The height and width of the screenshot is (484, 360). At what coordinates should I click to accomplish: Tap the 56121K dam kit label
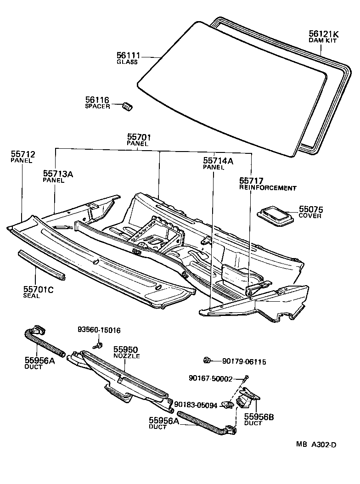pos(324,33)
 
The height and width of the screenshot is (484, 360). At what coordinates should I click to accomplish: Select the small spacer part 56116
pos(127,105)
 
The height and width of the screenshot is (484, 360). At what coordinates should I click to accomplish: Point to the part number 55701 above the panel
pos(139,137)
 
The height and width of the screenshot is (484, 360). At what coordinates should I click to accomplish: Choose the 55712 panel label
pos(23,154)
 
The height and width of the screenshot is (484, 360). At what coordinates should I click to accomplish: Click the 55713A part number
pos(58,174)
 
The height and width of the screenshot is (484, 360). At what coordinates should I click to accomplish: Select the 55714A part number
pos(218,161)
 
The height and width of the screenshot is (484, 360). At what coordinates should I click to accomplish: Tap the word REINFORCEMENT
pos(268,188)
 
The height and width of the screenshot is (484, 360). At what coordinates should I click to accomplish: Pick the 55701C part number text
pos(38,289)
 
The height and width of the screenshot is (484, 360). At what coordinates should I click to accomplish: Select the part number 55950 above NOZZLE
pos(126,349)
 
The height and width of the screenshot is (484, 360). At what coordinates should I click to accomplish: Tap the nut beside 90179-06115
pos(207,360)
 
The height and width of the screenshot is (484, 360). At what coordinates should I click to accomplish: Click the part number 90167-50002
pos(210,378)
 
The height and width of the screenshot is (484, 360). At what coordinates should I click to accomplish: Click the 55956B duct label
pos(259,417)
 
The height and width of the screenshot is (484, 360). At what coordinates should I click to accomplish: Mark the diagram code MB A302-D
pos(316,445)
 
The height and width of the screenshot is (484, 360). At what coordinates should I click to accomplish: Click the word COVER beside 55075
pos(310,216)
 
